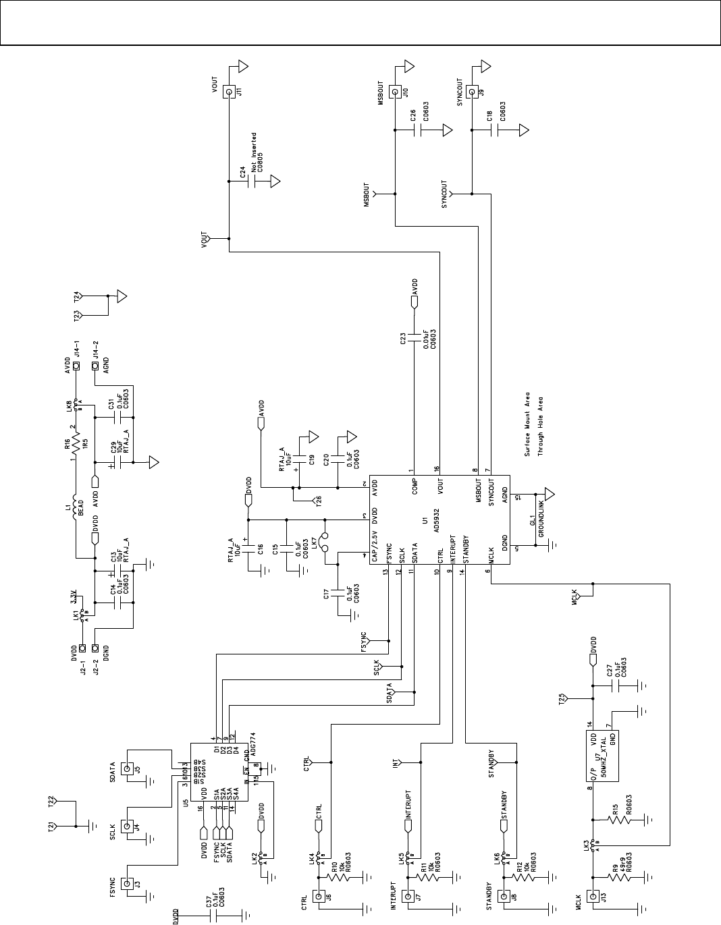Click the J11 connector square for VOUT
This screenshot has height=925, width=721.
point(229,91)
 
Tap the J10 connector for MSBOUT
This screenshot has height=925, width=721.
point(394,91)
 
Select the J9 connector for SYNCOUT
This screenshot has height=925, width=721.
point(471,91)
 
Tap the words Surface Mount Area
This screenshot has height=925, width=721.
point(527,424)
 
